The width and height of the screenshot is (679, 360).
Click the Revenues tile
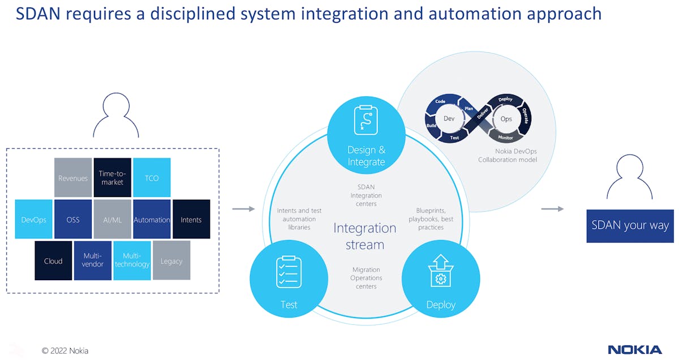[73, 178]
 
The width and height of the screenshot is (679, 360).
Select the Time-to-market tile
[112, 178]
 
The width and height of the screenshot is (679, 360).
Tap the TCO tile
[151, 178]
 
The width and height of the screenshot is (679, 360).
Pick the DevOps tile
[33, 219]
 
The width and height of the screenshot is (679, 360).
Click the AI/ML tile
[112, 219]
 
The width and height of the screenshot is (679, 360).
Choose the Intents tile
[191, 219]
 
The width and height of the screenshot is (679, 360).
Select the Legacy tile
[171, 260]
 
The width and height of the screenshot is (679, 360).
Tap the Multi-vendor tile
[93, 260]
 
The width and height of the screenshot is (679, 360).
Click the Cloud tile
[53, 260]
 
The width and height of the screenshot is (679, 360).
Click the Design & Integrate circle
[366, 134]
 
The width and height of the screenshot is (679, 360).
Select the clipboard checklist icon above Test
[289, 272]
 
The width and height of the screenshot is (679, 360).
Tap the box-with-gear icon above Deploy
[440, 272]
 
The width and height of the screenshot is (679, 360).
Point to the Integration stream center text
[365, 236]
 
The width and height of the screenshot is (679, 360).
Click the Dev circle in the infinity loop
[449, 119]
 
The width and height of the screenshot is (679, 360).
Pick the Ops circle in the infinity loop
[506, 119]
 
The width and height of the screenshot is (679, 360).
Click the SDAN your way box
[630, 225]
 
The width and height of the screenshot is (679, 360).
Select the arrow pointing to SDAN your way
[552, 209]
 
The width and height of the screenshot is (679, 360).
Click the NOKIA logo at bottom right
[634, 349]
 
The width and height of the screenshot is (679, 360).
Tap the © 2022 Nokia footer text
[65, 350]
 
